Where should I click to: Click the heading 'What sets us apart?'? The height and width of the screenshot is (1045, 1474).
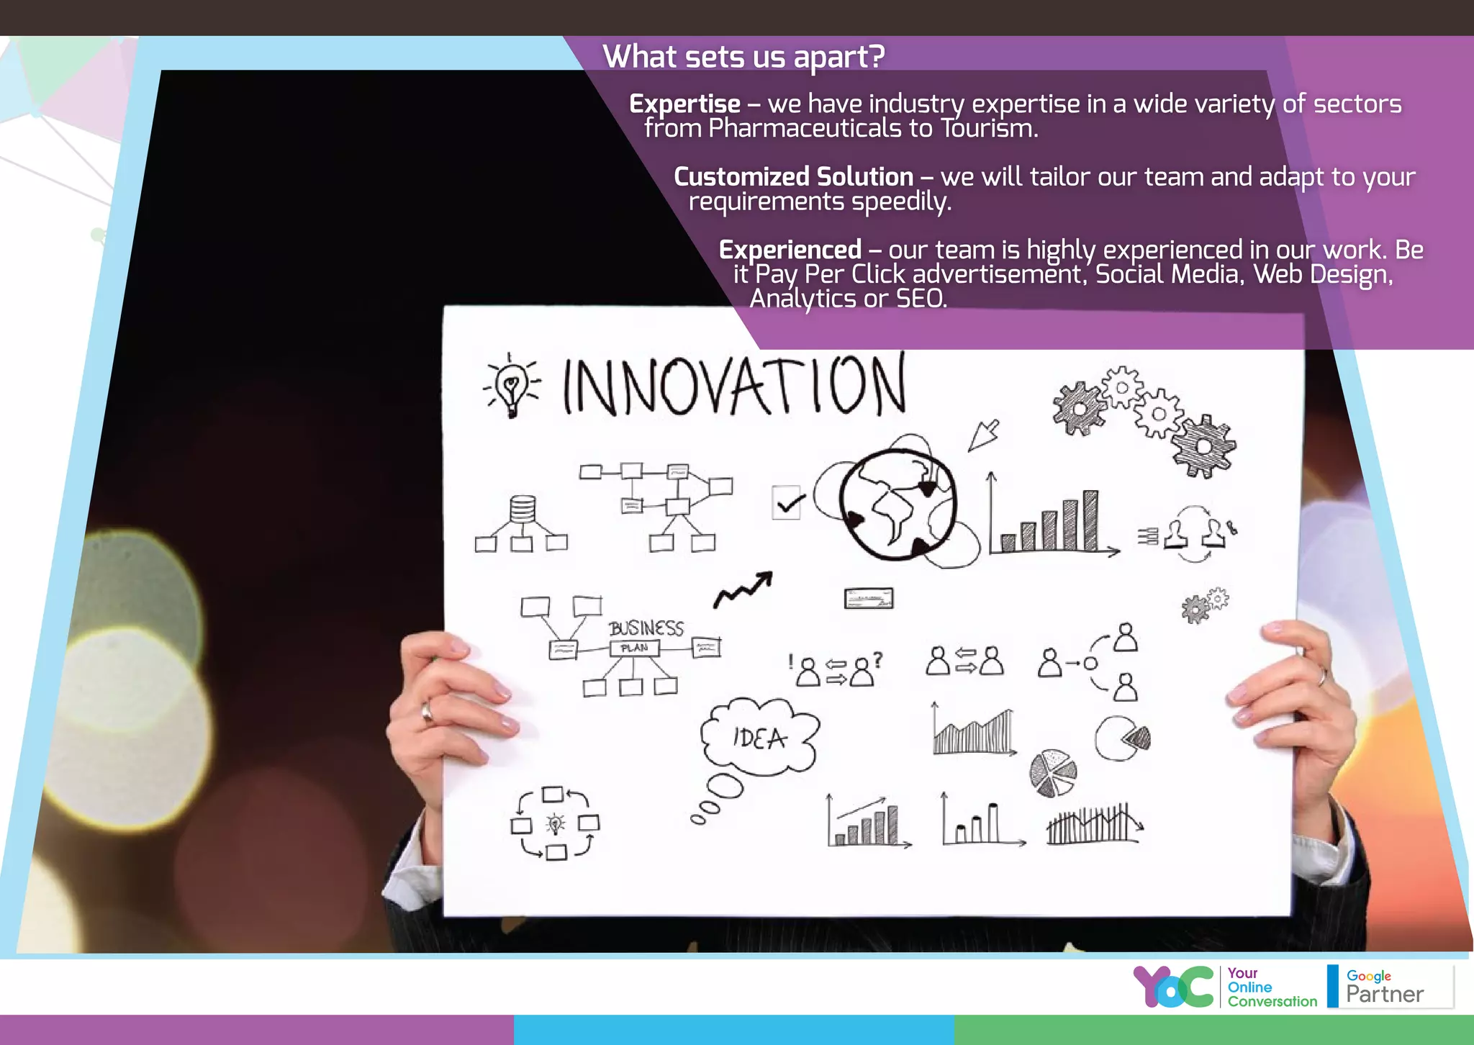point(743,56)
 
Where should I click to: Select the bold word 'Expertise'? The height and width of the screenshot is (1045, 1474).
point(684,104)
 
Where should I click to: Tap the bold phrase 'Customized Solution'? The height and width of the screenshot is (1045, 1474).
point(793,177)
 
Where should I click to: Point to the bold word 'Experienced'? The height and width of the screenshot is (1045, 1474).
point(790,250)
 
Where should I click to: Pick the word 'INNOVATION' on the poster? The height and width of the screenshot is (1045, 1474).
point(733,386)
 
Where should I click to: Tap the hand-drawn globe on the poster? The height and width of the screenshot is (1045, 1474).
point(898,505)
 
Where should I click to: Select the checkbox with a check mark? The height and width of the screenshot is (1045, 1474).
point(787,502)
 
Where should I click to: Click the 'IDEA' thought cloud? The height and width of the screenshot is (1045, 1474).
point(759,738)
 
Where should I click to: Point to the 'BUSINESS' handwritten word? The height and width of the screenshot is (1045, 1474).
point(646,628)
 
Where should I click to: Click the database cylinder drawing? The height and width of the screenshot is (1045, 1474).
point(523,509)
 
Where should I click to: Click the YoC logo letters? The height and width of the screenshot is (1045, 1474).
point(1173,987)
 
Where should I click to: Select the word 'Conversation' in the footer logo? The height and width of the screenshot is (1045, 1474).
point(1272,1001)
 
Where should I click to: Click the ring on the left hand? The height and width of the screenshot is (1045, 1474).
point(427,712)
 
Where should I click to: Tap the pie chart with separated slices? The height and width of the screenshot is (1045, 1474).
point(1053,773)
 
